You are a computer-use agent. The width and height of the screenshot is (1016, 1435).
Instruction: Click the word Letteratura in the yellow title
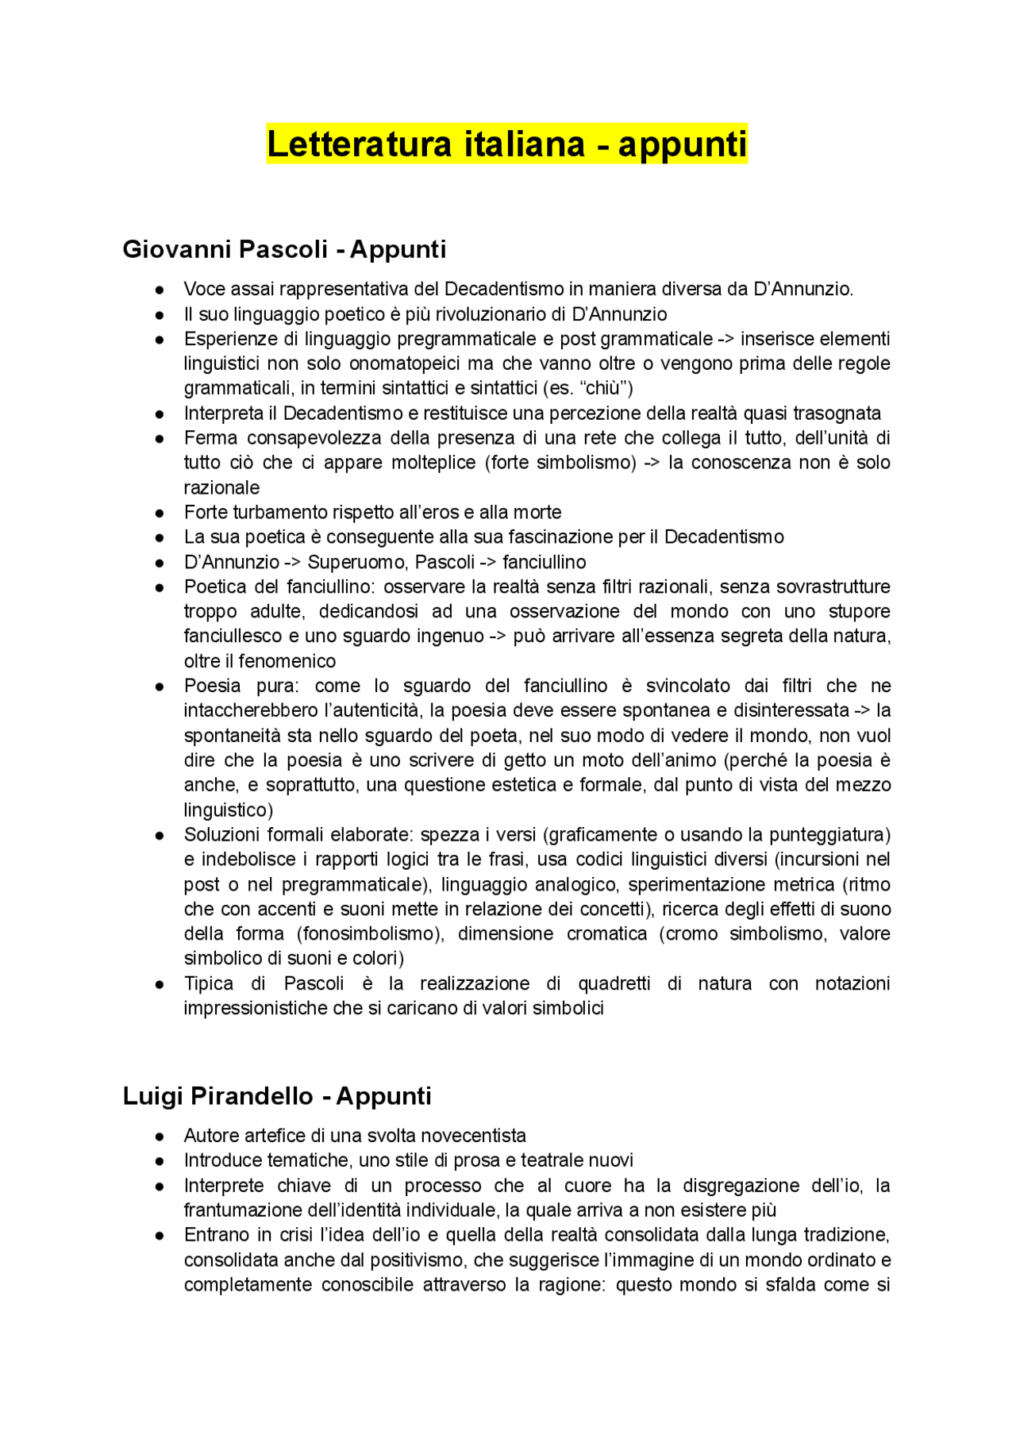pos(359,144)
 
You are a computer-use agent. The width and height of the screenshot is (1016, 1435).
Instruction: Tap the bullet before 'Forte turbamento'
pos(160,513)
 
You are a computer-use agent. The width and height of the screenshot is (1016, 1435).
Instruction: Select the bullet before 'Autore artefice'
pos(160,1137)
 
